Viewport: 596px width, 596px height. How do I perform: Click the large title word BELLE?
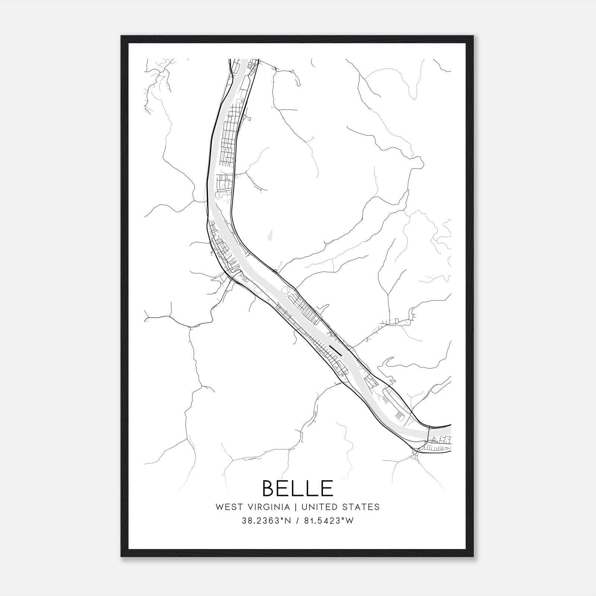click(298, 488)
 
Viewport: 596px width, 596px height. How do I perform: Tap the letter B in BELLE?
click(270, 488)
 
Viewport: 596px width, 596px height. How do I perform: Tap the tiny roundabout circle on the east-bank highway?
click(275, 271)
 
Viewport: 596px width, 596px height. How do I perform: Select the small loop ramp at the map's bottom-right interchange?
click(415, 452)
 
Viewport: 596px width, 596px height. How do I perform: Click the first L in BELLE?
click(298, 488)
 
